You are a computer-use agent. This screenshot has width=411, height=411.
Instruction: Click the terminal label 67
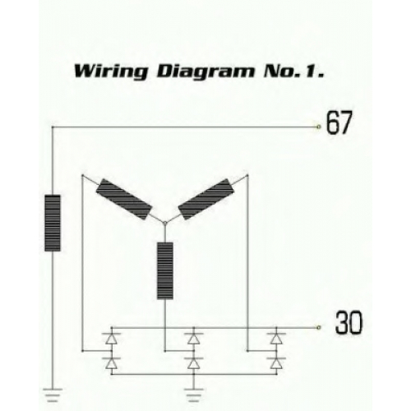(339, 122)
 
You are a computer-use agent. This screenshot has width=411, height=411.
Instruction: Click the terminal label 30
(349, 322)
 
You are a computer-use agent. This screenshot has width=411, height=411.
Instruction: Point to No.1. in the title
(293, 71)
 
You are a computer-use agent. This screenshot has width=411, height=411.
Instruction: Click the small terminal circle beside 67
(318, 127)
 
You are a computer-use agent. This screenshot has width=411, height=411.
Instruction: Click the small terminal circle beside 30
(318, 327)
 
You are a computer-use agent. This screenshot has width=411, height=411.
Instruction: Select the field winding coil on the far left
(53, 223)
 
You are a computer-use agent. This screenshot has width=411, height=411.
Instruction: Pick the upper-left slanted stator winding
(124, 199)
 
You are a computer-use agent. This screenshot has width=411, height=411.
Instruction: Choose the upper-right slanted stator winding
(207, 199)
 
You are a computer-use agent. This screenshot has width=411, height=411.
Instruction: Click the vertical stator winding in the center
(165, 270)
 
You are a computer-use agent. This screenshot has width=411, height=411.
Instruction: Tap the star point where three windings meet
(165, 224)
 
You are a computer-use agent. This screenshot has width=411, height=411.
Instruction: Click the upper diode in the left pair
(111, 339)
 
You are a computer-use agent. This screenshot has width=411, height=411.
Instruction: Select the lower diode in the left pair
(111, 363)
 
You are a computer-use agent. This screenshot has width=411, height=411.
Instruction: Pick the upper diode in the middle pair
(194, 339)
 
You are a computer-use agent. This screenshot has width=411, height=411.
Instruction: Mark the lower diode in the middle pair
(194, 363)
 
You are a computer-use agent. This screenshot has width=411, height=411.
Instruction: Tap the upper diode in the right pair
(276, 339)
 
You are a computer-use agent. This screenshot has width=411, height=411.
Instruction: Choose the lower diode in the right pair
(276, 363)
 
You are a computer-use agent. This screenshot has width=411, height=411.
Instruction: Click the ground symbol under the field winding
(53, 395)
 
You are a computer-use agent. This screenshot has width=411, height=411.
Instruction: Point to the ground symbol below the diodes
(194, 395)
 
